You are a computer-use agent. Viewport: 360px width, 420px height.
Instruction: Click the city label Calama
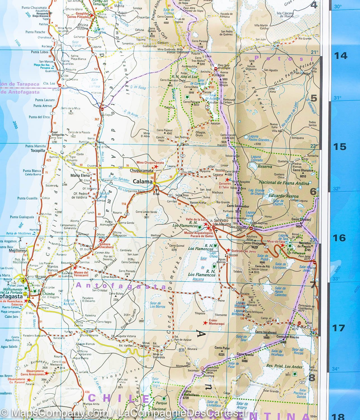click(143, 181)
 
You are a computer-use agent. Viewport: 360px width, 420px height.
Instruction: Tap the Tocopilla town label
click(38, 150)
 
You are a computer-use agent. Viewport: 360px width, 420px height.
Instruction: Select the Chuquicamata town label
click(142, 171)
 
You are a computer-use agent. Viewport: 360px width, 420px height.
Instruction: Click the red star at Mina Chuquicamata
click(156, 167)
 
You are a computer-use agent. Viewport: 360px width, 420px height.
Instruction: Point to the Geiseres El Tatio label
click(224, 185)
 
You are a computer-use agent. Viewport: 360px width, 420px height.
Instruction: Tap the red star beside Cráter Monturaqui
click(205, 323)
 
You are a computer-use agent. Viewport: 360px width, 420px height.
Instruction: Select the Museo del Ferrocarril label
click(81, 274)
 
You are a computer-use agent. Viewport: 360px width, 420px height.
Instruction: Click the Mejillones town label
click(17, 251)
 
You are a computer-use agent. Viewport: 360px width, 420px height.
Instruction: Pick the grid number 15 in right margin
click(340, 147)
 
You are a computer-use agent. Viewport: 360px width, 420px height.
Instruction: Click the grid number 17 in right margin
click(338, 328)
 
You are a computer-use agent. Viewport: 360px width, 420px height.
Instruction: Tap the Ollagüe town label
click(219, 75)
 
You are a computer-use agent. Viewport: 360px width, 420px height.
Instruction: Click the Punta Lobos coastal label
click(39, 52)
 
